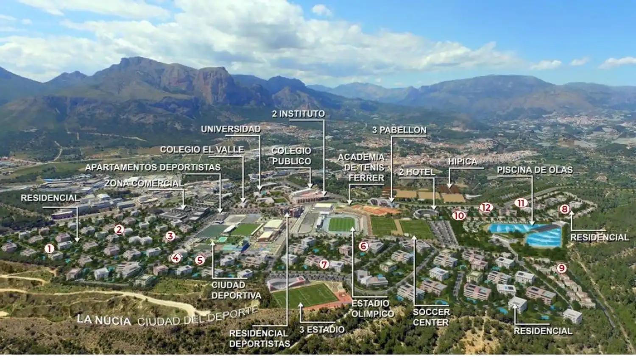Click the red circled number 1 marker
click(x=49, y=249)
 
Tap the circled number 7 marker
click(x=324, y=264)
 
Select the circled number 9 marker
click(x=561, y=268)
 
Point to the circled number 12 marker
click(x=486, y=207)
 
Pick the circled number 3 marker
click(x=170, y=236)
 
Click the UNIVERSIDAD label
click(x=231, y=129)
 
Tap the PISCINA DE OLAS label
click(x=535, y=170)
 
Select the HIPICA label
click(x=462, y=162)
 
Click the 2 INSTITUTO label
click(x=298, y=114)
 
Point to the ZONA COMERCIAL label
click(x=144, y=184)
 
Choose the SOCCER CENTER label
click(x=431, y=317)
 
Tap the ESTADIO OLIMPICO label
click(x=373, y=308)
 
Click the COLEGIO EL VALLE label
click(x=202, y=149)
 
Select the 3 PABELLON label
click(x=399, y=130)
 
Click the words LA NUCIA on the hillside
click(x=104, y=320)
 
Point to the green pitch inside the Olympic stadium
click(x=341, y=224)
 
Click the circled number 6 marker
click(x=364, y=246)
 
